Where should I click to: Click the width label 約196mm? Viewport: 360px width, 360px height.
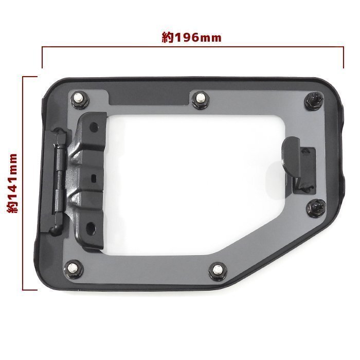(x=191, y=38)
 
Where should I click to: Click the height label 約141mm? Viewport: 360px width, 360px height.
(x=12, y=183)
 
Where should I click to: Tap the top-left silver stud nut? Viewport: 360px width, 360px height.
(x=80, y=100)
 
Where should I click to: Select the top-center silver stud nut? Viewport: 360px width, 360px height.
(x=200, y=100)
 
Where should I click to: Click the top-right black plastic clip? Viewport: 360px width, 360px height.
(x=314, y=100)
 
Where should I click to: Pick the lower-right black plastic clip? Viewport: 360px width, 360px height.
(x=316, y=208)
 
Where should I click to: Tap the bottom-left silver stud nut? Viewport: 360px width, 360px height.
(x=74, y=269)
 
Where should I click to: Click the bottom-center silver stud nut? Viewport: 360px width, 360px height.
(x=218, y=271)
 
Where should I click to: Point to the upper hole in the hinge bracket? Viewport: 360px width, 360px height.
(x=94, y=127)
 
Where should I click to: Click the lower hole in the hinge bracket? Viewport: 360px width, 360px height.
(x=91, y=227)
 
